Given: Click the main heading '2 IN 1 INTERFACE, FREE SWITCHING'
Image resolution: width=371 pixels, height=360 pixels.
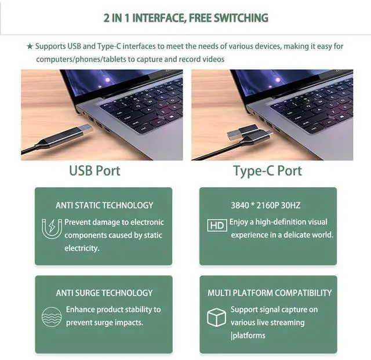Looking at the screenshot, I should coord(185,17).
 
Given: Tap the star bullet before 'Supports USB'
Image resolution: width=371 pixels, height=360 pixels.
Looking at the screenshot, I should coord(30,46).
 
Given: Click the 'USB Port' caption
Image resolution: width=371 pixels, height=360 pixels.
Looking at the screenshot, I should coord(94,170).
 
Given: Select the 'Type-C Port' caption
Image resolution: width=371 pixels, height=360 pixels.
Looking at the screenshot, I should coord(267,170).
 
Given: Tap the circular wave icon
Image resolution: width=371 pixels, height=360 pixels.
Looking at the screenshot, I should coord(52,316).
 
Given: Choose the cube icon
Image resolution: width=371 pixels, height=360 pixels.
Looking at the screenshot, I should coord(216,317).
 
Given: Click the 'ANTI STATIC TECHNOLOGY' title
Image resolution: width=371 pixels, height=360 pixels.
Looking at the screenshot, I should coord(104,205).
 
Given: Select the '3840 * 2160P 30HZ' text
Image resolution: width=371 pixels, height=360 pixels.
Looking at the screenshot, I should coord(265,205).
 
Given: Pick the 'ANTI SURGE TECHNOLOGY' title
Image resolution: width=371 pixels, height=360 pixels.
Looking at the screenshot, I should coord(104,293).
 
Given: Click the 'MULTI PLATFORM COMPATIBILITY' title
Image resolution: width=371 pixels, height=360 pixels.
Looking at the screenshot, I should coord(270,293).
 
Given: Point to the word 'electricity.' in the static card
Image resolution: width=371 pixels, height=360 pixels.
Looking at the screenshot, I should coord(82,248).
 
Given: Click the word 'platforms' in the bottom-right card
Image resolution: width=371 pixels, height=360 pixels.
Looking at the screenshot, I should coord(249,336).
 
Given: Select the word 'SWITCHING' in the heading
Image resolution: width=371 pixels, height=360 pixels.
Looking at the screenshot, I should coord(239,17).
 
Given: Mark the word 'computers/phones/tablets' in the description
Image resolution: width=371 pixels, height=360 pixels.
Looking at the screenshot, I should coord(79,59).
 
